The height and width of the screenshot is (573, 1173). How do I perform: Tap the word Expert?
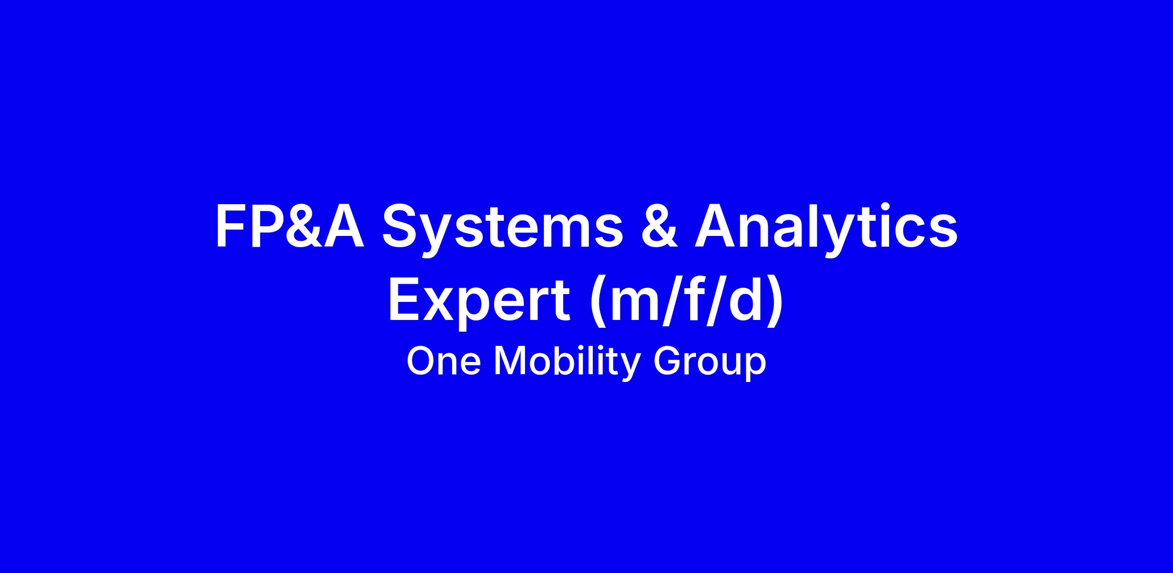pyautogui.click(x=479, y=302)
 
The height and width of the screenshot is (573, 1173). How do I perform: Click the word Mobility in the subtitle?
pyautogui.click(x=567, y=362)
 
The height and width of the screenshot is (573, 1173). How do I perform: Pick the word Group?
pyautogui.click(x=710, y=363)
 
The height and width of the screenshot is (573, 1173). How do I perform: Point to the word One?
pyautogui.click(x=443, y=362)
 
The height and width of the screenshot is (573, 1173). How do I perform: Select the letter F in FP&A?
pyautogui.click(x=232, y=225)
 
